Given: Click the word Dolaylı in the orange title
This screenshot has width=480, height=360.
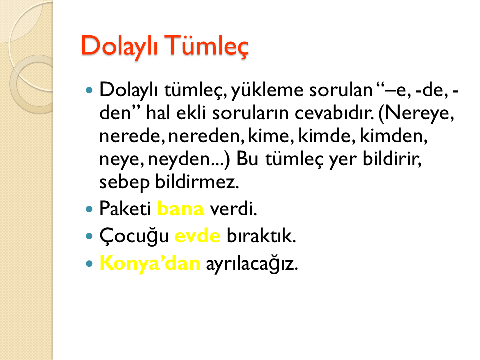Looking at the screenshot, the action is point(119,46).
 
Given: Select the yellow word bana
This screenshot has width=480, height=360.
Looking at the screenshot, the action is point(180,209).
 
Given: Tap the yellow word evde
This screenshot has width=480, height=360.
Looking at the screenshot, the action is point(197,236).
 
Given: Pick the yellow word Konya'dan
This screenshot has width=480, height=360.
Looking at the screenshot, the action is point(150,263).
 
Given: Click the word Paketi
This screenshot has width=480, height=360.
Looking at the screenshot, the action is point(125,209).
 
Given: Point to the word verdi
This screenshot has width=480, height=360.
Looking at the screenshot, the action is point(233,209).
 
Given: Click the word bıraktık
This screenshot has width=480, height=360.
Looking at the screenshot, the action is point(261,236).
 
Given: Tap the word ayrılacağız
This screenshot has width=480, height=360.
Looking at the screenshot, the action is point(252,264).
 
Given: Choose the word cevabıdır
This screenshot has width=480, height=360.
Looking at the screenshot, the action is point(334,113).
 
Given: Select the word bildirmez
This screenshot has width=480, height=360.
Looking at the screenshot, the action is point(197,182).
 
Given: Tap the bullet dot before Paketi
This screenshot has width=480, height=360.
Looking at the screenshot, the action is point(89,209).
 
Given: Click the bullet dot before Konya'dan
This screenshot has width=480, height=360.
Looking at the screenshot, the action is point(89,263).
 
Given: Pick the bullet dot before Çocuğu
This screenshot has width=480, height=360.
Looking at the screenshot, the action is point(89,236).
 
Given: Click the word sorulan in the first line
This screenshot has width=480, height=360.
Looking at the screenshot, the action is point(340,90).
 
